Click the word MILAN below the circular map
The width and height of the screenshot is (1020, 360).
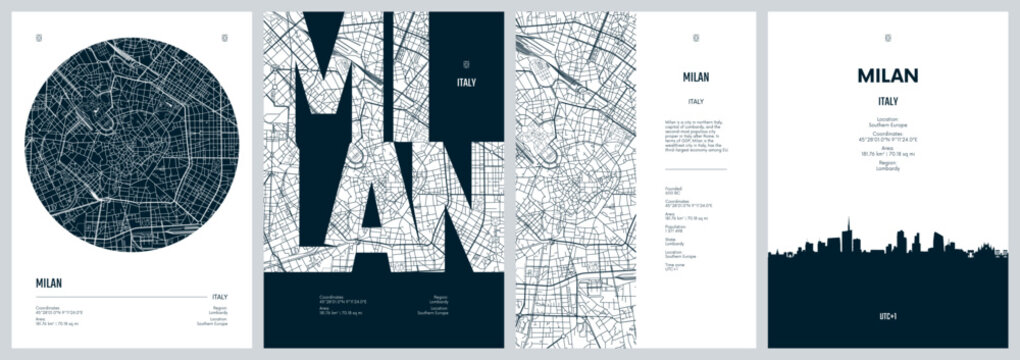point(49,283)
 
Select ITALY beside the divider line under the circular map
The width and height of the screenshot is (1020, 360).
point(218,296)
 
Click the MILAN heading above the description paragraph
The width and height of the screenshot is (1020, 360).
point(696,77)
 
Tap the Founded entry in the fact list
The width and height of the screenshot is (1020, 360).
point(673,189)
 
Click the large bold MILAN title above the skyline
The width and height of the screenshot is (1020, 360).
point(888,76)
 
